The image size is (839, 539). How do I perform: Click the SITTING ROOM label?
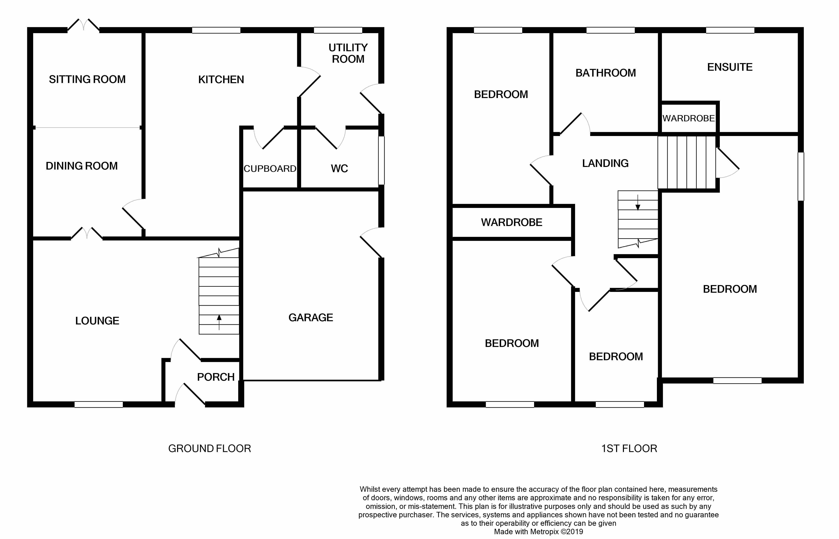[87, 79]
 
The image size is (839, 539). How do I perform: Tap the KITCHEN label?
[221, 80]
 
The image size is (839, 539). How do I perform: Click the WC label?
[339, 169]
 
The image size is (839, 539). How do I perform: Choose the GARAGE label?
[311, 317]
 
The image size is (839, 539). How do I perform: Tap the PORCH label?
[216, 377]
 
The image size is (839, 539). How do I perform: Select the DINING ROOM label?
[82, 166]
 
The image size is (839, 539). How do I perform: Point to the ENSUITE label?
[730, 67]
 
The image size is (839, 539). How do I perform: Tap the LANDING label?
[605, 164]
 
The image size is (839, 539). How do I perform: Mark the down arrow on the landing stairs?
[638, 203]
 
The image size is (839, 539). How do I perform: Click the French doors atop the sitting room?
[83, 25]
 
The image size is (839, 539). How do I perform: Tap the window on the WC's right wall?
[381, 160]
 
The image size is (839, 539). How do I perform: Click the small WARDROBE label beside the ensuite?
[688, 118]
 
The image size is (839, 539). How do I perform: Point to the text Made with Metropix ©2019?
[538, 532]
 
